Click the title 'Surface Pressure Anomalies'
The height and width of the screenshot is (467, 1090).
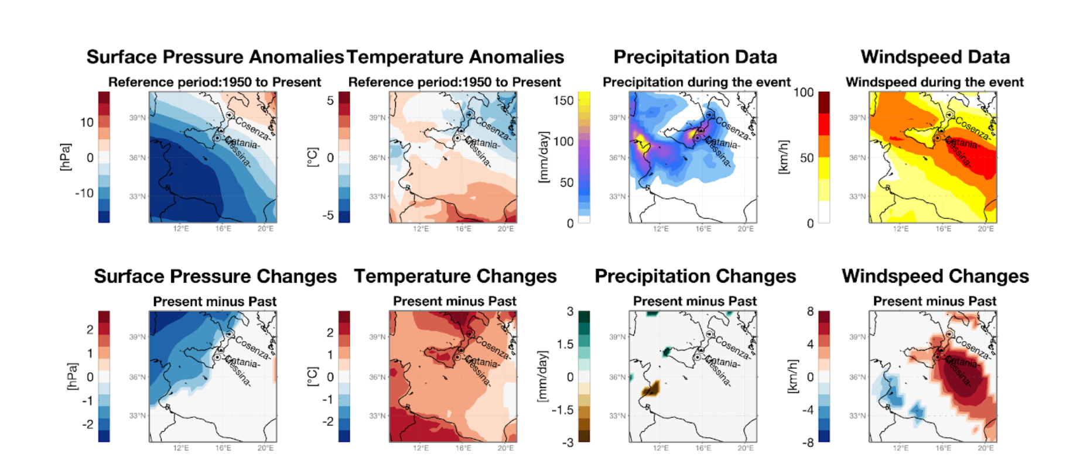[215, 57]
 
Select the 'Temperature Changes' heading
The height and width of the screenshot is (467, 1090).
[455, 276]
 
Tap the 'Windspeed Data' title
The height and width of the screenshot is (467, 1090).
[935, 57]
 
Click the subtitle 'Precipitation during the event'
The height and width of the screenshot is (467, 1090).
[696, 82]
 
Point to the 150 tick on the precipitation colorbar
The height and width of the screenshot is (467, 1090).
[563, 101]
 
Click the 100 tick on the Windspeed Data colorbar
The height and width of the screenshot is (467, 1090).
[804, 92]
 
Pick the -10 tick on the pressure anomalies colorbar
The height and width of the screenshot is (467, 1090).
[84, 193]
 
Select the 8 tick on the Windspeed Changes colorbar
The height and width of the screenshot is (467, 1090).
[810, 311]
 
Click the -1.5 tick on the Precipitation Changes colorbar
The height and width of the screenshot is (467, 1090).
[562, 410]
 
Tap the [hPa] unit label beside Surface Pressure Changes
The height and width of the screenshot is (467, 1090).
[72, 376]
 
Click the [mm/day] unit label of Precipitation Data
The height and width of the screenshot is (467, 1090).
[544, 157]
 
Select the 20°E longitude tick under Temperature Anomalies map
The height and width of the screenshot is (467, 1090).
[505, 229]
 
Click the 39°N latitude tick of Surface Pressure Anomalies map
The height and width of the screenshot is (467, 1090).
[138, 118]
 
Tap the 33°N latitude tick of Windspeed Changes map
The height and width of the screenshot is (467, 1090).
[857, 416]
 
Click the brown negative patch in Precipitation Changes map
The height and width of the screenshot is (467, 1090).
[651, 389]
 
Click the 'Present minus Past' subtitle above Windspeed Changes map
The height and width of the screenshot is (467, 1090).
[934, 301]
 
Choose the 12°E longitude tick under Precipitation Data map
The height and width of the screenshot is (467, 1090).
[661, 229]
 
